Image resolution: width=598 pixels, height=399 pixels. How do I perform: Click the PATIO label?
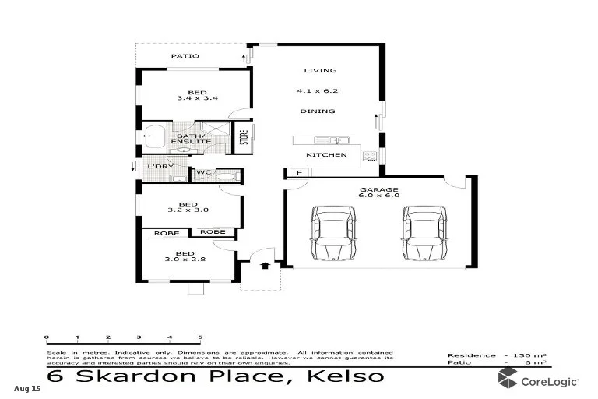[185, 56]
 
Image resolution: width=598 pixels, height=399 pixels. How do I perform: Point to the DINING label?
[318, 111]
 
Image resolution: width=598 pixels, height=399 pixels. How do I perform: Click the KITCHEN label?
[325, 155]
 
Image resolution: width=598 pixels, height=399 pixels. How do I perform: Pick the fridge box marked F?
[296, 172]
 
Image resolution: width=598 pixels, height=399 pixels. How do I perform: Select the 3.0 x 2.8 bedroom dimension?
[185, 260]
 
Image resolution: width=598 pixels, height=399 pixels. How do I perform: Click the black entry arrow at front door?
[265, 265]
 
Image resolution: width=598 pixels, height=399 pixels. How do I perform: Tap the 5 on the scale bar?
[200, 337]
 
